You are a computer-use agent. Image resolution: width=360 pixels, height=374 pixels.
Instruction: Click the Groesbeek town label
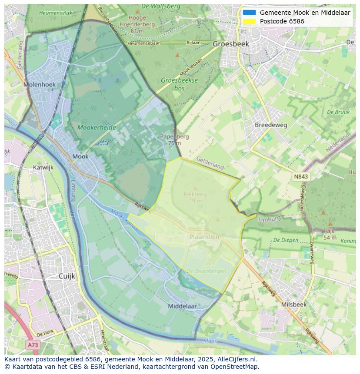(230, 44)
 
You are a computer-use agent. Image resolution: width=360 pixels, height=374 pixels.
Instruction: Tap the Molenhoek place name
(40, 85)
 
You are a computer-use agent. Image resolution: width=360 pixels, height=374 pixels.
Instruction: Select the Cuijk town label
(67, 276)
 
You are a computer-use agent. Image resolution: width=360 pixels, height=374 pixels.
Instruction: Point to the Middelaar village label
(182, 306)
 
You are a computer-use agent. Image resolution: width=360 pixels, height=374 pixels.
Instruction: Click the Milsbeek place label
(293, 304)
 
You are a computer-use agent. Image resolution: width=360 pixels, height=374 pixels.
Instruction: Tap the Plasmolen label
(204, 237)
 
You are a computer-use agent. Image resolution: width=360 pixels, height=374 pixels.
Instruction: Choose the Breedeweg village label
(271, 125)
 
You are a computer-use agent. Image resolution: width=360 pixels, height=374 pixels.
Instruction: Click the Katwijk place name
(43, 167)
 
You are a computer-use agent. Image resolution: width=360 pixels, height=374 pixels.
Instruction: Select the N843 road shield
(301, 176)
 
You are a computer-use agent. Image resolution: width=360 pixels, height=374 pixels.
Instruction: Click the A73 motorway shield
(33, 345)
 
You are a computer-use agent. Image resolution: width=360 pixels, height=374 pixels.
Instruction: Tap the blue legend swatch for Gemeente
(249, 13)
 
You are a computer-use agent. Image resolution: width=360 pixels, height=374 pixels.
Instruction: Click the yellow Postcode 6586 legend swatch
(249, 21)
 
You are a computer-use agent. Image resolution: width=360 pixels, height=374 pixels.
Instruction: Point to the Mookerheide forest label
(97, 128)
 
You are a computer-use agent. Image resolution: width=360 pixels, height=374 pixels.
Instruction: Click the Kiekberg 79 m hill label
(195, 197)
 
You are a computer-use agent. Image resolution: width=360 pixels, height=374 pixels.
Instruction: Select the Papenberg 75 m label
(174, 139)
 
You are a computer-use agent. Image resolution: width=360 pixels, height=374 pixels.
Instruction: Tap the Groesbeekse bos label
(179, 84)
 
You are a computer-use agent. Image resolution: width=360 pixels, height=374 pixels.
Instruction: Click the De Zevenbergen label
(206, 271)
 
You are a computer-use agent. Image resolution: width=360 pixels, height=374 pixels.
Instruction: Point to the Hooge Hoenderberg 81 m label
(137, 24)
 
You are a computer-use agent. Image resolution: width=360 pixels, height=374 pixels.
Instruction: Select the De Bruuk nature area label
(338, 112)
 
